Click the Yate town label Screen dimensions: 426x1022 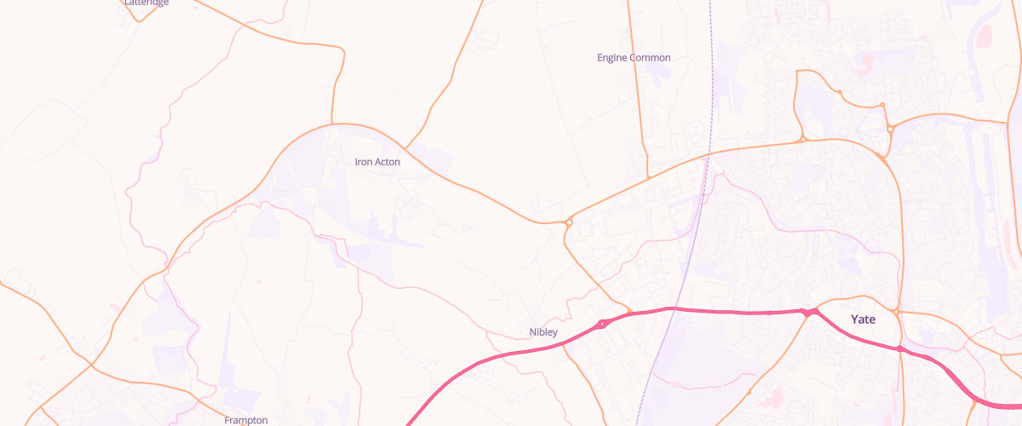coord(864,319)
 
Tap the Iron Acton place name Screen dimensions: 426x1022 coord(377,161)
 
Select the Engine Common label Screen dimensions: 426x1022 coord(634,58)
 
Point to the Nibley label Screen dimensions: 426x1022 coord(543,332)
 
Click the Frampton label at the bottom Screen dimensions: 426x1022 coord(246,420)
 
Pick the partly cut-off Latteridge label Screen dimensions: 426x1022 coord(146,3)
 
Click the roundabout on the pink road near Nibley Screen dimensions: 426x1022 coord(602,324)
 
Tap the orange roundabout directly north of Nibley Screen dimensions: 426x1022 coord(568,223)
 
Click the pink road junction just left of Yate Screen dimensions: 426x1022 coord(807,313)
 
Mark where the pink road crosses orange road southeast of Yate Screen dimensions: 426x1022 coord(899,348)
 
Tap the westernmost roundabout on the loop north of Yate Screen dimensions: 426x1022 coord(801,140)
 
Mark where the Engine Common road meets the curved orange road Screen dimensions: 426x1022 coord(648,177)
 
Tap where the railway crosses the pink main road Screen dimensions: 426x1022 coord(673,309)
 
